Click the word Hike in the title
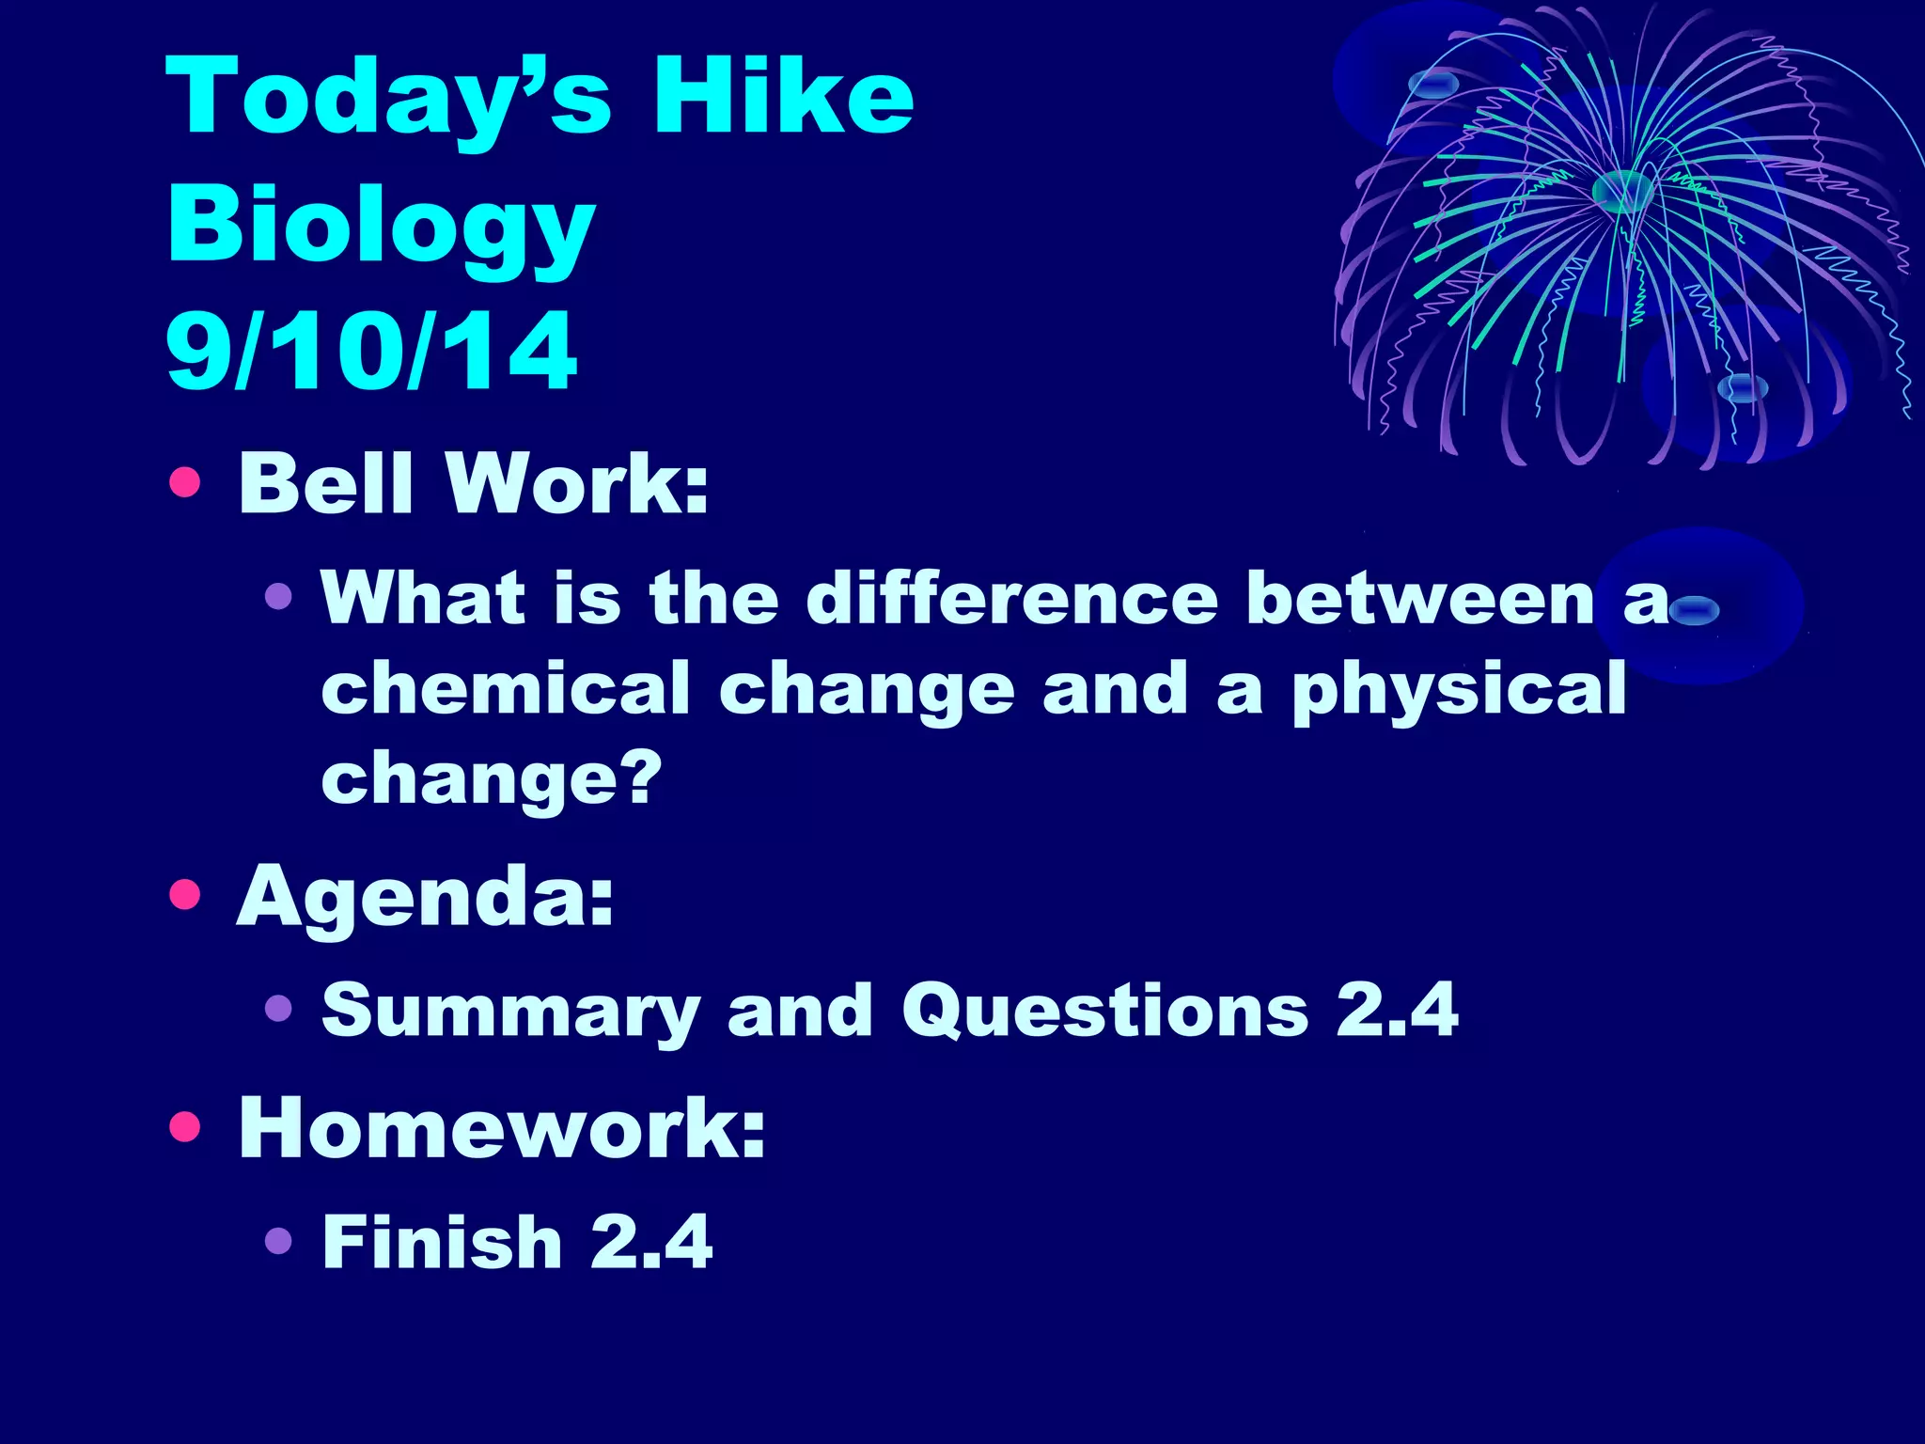[x=783, y=97]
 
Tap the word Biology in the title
[x=381, y=226]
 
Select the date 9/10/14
[x=371, y=352]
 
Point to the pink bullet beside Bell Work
[x=185, y=482]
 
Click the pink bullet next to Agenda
[x=185, y=895]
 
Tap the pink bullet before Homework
[x=185, y=1125]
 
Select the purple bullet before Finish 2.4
[x=278, y=1242]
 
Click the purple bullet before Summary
[x=278, y=1010]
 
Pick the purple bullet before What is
[x=278, y=596]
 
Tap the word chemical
[x=506, y=688]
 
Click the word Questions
[x=1104, y=1011]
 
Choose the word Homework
[x=502, y=1127]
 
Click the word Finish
[x=442, y=1242]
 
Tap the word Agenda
[x=425, y=898]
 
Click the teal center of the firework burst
[x=1622, y=191]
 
